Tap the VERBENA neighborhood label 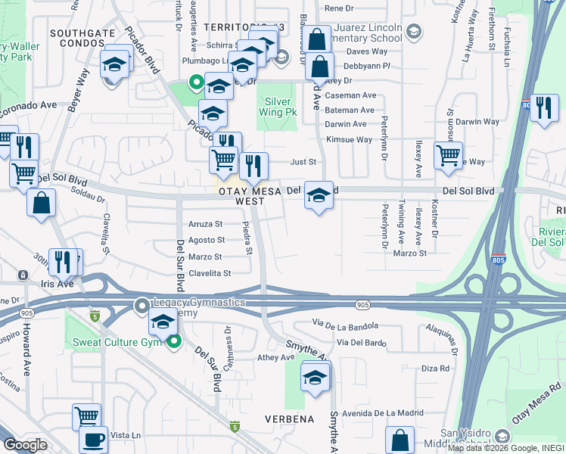tap(289, 418)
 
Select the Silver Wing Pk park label tap(276, 107)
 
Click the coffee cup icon tap(95, 440)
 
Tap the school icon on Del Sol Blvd tap(319, 196)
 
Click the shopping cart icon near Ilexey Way tap(448, 156)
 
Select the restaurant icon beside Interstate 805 tap(543, 108)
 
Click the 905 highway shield tap(362, 304)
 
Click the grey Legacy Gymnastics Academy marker tap(141, 306)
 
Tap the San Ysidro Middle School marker tap(502, 437)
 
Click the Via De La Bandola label tap(344, 325)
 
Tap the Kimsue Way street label tap(349, 140)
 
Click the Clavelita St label tap(209, 273)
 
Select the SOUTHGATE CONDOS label tap(82, 39)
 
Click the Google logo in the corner tap(25, 444)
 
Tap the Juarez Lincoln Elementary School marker tap(413, 32)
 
